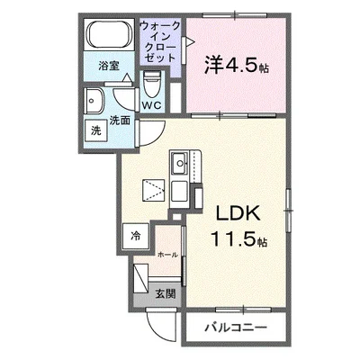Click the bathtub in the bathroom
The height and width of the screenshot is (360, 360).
click(x=110, y=34)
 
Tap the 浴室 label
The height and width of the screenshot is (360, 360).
click(x=109, y=66)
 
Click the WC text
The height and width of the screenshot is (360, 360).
click(x=152, y=105)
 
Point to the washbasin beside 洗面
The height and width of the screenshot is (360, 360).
click(x=94, y=102)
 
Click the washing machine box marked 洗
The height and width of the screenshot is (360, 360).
click(x=96, y=130)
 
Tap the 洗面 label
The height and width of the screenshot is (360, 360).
click(x=120, y=121)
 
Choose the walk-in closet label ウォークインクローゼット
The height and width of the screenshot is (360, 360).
click(x=160, y=41)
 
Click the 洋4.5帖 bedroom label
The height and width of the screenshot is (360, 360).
click(x=237, y=65)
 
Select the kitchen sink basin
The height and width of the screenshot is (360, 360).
click(x=179, y=164)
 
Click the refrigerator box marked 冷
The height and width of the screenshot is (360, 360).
click(x=136, y=236)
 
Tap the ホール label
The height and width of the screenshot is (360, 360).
click(x=167, y=255)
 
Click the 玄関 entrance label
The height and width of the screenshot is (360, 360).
click(x=166, y=293)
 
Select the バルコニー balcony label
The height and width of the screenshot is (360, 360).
click(x=236, y=327)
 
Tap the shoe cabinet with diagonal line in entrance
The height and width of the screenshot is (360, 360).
click(x=141, y=278)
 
